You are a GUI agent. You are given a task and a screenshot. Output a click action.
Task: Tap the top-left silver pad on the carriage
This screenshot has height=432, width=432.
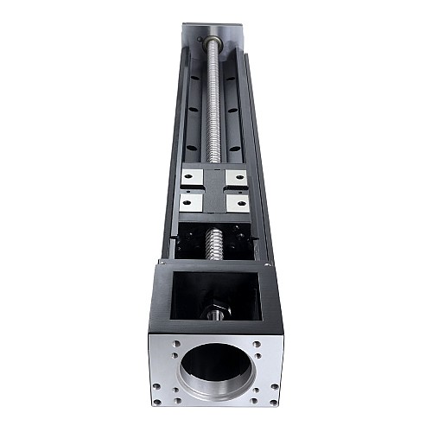click(x=191, y=177)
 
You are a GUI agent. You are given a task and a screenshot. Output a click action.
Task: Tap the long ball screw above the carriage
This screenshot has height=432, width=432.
click(x=213, y=104)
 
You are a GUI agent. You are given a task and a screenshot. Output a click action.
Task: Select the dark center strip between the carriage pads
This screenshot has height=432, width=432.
click(x=214, y=189)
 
